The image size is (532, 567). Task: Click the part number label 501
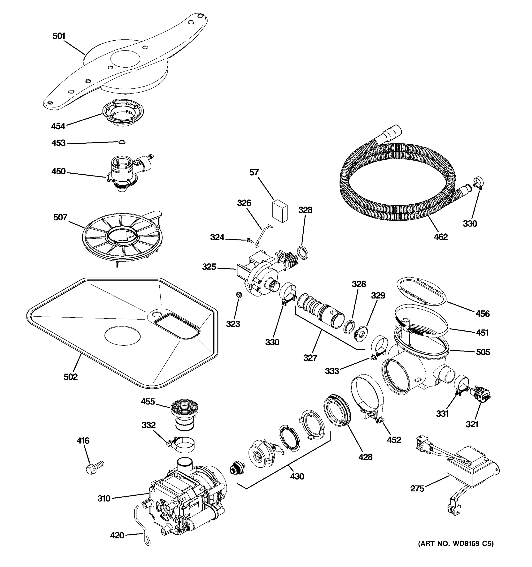pyautogui.click(x=59, y=36)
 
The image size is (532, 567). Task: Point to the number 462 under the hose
pyautogui.click(x=441, y=237)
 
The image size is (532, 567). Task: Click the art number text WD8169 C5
pyautogui.click(x=456, y=552)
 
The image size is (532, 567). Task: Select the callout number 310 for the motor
pyautogui.click(x=104, y=498)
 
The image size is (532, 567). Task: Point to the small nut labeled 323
pyautogui.click(x=239, y=295)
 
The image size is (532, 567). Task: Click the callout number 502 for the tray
pyautogui.click(x=70, y=377)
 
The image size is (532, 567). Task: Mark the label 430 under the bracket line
pyautogui.click(x=297, y=476)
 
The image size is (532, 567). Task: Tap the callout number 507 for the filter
pyautogui.click(x=60, y=218)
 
